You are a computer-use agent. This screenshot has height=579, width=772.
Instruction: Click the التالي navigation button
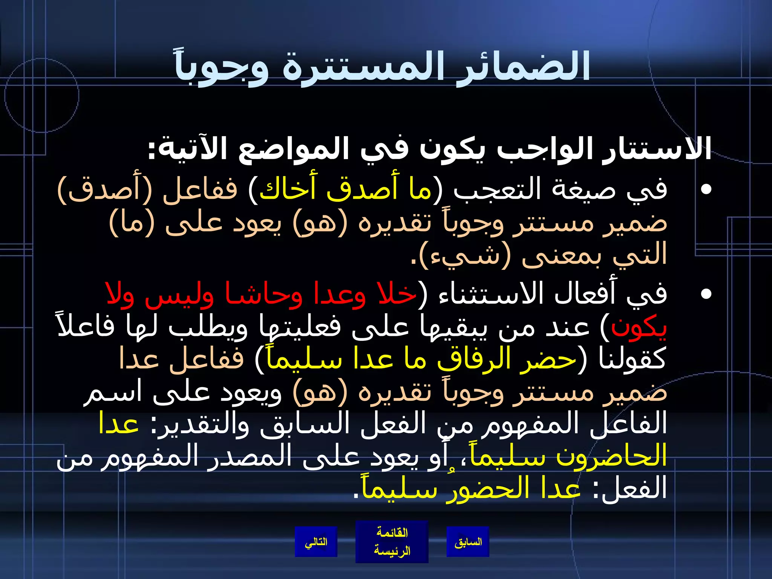(x=316, y=542)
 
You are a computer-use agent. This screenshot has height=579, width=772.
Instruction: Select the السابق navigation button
(x=468, y=542)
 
